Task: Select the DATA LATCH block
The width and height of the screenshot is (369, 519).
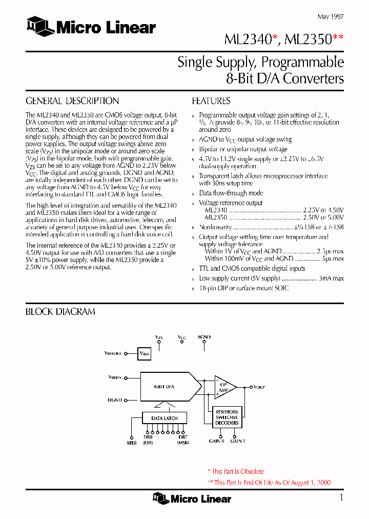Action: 164,418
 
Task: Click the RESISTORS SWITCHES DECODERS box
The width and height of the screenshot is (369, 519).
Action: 227,417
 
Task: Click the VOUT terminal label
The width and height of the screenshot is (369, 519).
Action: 259,388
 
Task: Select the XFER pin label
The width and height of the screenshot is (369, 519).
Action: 132,443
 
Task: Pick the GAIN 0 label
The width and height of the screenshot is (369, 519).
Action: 216,441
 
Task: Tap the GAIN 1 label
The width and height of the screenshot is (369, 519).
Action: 238,441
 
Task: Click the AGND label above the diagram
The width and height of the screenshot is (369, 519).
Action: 204,337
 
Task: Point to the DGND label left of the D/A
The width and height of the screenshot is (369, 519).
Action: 114,399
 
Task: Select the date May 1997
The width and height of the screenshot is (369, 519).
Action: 330,16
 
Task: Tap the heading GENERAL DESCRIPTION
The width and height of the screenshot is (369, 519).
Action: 72,101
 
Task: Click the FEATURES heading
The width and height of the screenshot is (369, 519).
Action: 211,101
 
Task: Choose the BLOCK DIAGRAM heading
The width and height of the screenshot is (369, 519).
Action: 60,312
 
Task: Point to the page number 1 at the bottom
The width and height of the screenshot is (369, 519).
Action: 341,497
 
